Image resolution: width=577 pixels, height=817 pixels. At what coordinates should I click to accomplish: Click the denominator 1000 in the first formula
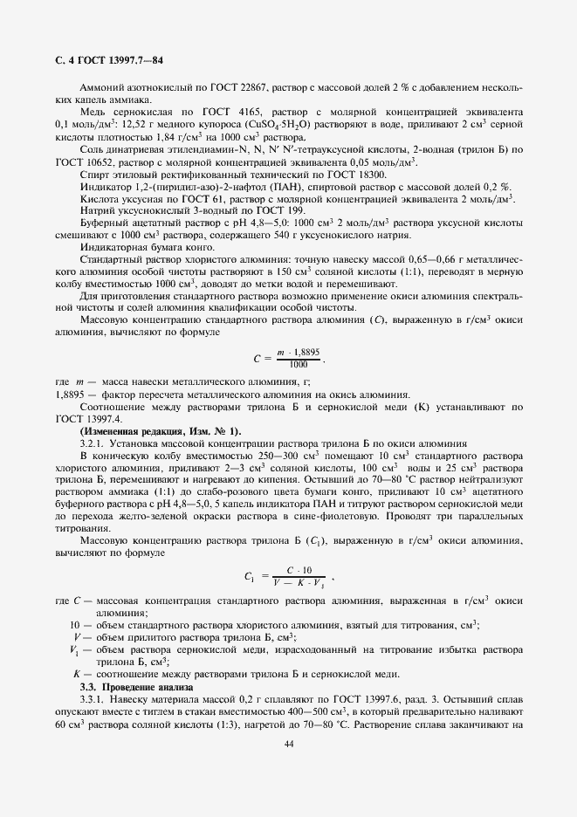coord(299,364)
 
